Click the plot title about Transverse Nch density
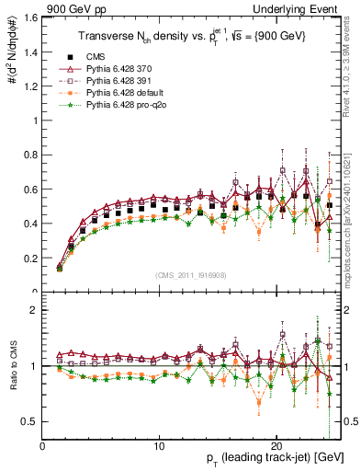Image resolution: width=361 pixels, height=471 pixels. [x=191, y=33]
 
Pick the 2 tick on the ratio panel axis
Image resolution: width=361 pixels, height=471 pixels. [x=33, y=310]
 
